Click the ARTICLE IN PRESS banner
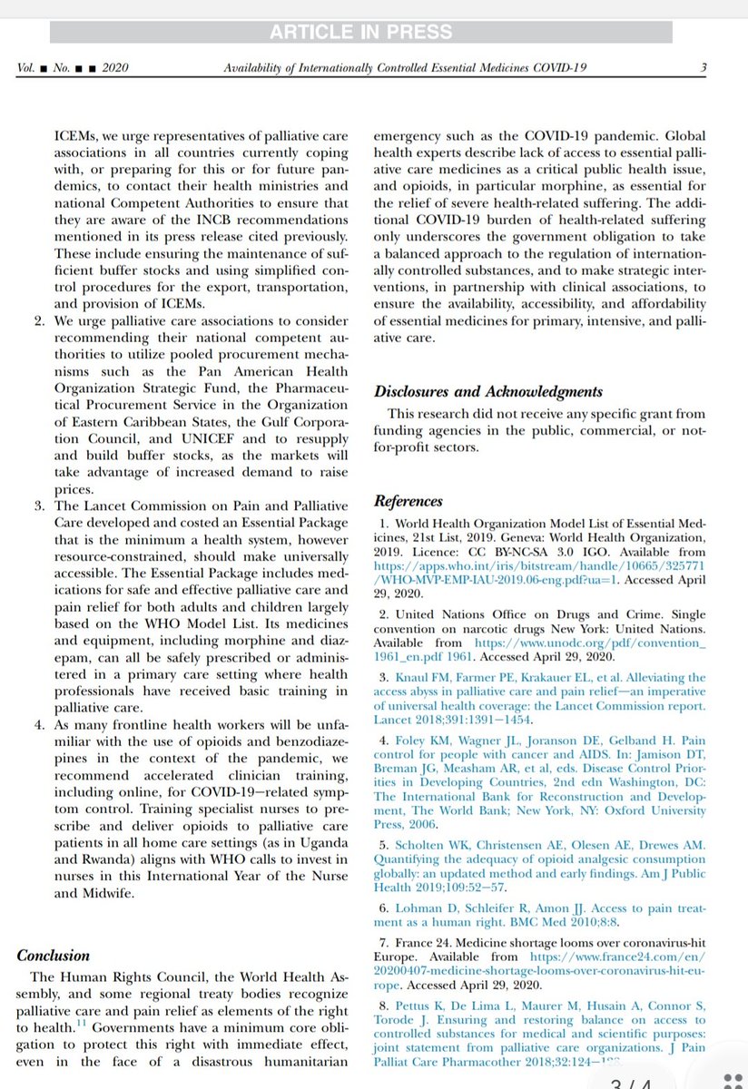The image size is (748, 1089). click(360, 32)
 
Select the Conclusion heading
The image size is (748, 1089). click(54, 955)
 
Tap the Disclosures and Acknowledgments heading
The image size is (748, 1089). click(488, 391)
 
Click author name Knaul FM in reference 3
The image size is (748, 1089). click(418, 677)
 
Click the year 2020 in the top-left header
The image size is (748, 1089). click(123, 68)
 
